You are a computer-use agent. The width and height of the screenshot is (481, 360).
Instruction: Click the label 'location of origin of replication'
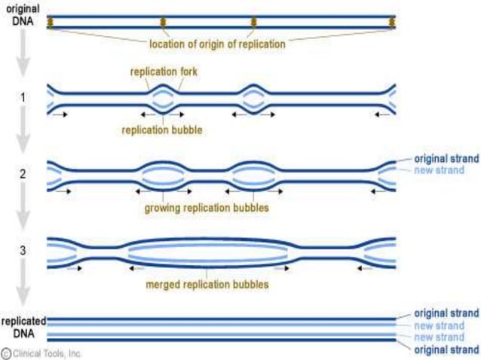217,44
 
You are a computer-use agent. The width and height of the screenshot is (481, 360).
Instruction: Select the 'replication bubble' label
169,129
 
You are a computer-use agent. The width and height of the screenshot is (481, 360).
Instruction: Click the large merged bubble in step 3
207,252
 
